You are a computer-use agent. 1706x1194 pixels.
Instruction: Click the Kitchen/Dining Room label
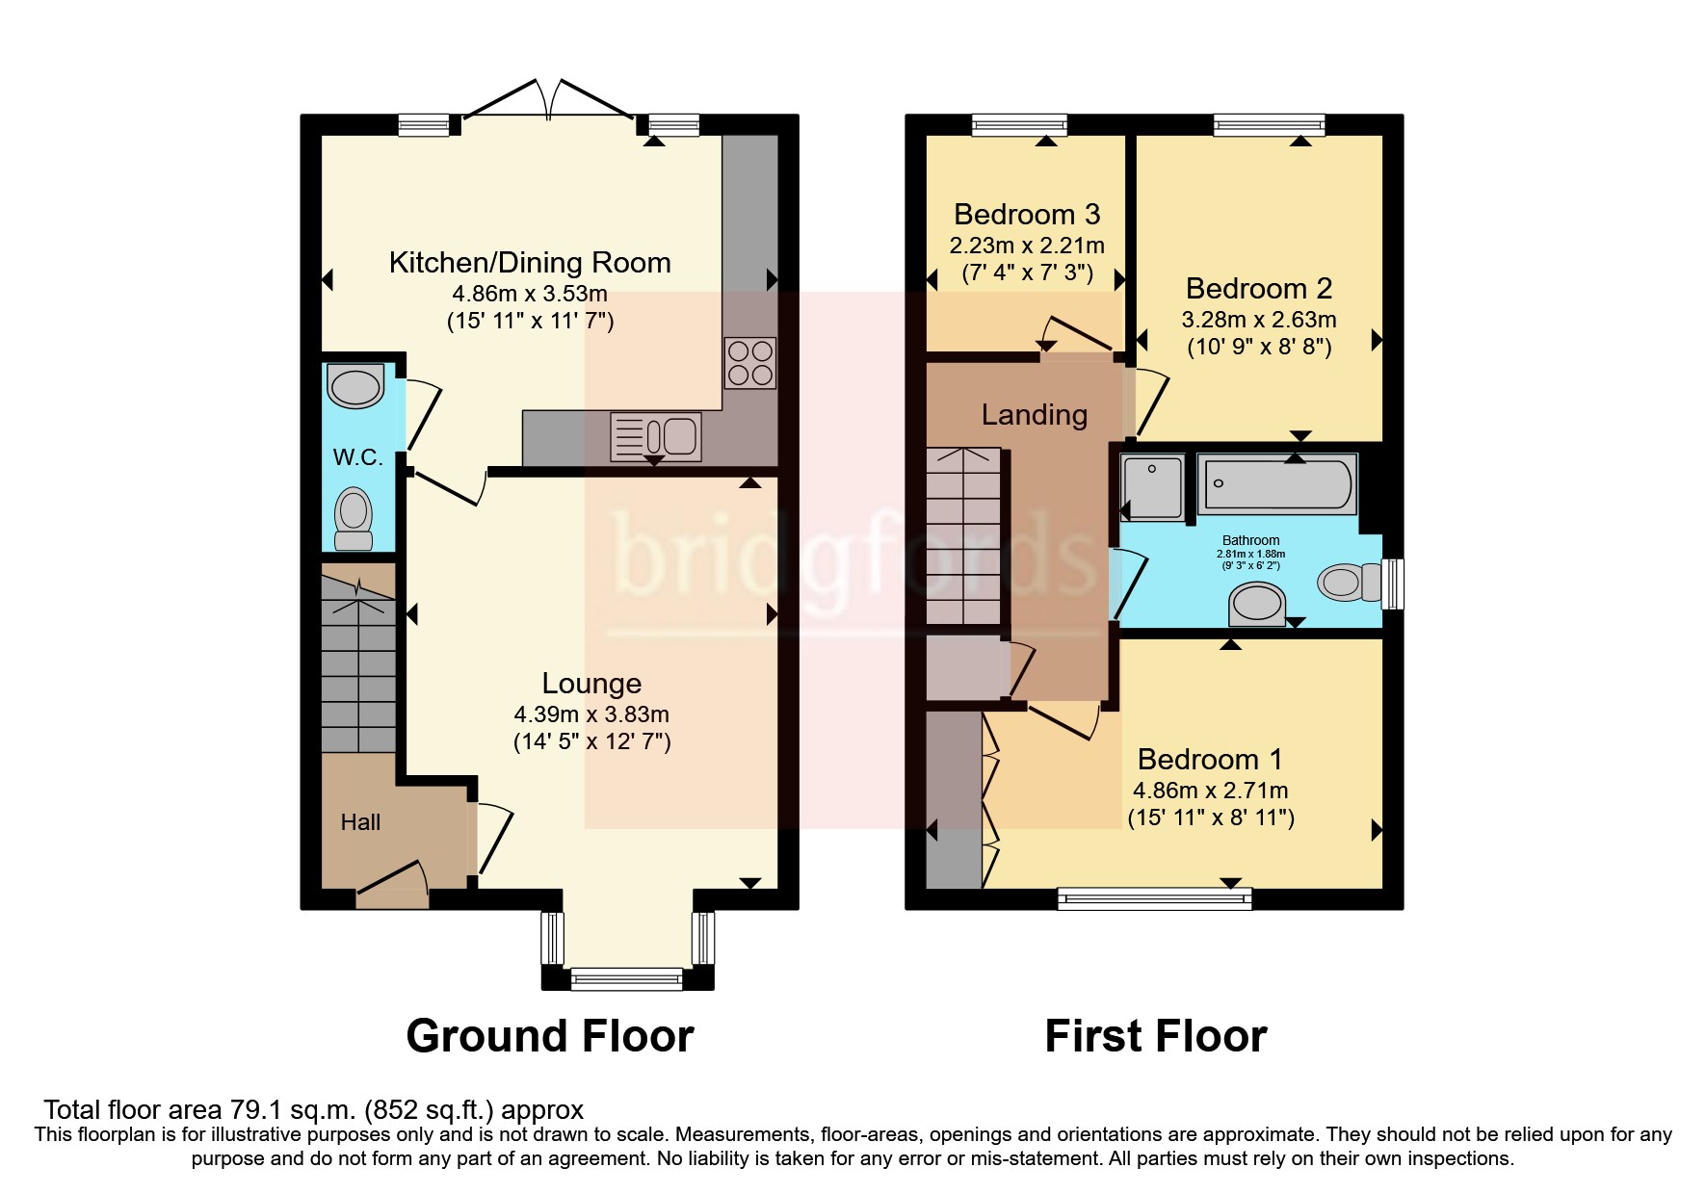[530, 263]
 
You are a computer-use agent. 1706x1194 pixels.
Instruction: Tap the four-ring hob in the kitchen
[750, 362]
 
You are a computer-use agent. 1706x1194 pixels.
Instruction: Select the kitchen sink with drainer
[655, 436]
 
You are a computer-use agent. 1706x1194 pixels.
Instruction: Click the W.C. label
[357, 457]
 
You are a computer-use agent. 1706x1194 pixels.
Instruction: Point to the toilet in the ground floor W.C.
[354, 519]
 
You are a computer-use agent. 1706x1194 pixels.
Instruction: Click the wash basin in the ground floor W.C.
[355, 386]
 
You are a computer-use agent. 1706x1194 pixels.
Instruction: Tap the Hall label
[360, 822]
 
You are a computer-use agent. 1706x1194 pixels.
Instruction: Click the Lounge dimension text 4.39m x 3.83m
[591, 714]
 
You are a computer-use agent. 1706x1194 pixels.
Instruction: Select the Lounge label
[591, 683]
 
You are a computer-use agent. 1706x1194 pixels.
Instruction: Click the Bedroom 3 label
[1027, 214]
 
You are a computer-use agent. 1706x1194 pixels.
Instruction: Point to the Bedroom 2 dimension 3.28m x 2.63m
[1259, 320]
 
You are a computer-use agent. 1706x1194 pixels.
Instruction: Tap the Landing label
[1035, 415]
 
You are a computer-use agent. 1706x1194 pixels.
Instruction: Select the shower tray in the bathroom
[1153, 487]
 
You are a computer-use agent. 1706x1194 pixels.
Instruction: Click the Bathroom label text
[1250, 541]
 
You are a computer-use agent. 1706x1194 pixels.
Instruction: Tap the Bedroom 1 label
[1210, 760]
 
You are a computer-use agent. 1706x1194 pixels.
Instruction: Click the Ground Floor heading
[550, 1036]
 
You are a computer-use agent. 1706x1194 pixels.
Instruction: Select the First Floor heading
[1156, 1036]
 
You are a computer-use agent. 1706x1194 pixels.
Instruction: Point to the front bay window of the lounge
[627, 978]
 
